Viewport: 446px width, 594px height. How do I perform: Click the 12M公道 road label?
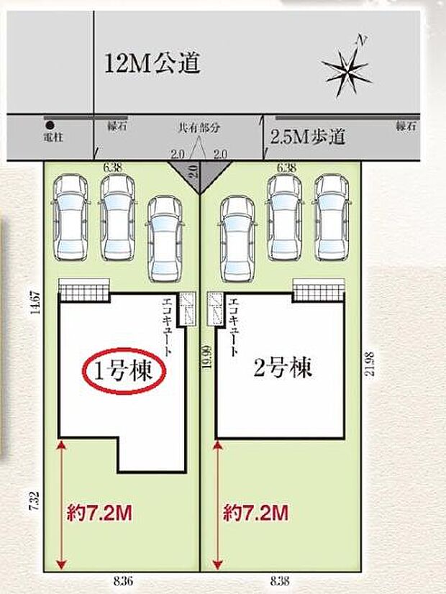pos(152,65)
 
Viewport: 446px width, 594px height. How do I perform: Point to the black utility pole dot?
pos(49,123)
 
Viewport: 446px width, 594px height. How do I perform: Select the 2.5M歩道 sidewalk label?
pos(308,137)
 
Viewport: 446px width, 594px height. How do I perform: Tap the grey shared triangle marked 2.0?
pos(199,173)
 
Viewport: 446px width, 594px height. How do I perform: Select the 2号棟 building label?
pos(283,370)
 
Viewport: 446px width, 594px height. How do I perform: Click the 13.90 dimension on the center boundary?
pos(206,357)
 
